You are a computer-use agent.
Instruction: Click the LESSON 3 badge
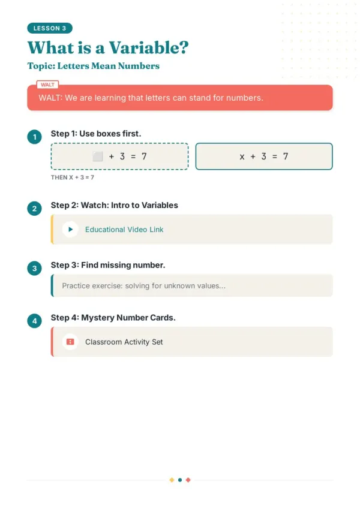(50, 28)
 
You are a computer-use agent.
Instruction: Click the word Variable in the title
(148, 48)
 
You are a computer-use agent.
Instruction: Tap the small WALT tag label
(47, 85)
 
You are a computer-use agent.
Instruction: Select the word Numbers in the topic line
(139, 66)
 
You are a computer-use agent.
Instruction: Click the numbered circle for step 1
(34, 137)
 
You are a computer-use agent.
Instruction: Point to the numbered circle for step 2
(34, 209)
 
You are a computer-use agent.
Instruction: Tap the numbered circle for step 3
(34, 269)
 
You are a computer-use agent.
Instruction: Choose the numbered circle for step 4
(34, 321)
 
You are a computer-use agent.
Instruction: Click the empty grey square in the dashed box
(97, 156)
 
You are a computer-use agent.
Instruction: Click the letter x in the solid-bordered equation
(242, 157)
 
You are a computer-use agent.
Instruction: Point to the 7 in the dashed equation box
(144, 156)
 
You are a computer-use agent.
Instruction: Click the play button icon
(70, 230)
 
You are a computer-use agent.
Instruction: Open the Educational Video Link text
(124, 230)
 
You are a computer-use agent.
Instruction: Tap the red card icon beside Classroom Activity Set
(70, 342)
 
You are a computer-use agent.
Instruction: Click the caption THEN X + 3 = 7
(73, 177)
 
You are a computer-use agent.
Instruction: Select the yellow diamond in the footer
(172, 480)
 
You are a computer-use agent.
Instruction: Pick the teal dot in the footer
(180, 480)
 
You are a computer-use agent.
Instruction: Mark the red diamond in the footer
(188, 480)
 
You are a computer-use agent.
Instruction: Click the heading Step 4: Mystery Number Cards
(113, 318)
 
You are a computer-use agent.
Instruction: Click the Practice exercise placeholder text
(143, 285)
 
